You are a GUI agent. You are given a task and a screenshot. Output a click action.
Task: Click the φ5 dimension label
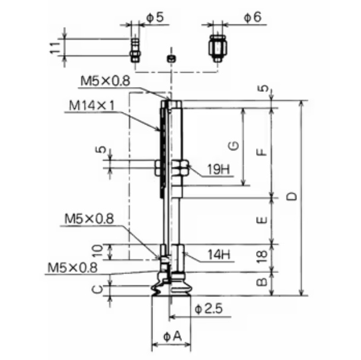155,18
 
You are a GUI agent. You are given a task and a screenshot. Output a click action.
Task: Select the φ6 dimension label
253,18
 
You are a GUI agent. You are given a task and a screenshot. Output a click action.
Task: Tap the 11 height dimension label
55,48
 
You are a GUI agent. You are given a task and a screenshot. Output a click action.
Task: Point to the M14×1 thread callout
91,106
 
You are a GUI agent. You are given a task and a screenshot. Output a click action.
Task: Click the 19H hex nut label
219,170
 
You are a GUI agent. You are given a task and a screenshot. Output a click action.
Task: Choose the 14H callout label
219,255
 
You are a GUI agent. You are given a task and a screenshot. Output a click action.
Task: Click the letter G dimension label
234,146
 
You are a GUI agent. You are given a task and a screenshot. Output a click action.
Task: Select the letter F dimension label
262,152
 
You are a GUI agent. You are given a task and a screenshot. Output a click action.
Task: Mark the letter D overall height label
292,197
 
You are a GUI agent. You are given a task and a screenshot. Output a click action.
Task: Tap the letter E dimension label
262,220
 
